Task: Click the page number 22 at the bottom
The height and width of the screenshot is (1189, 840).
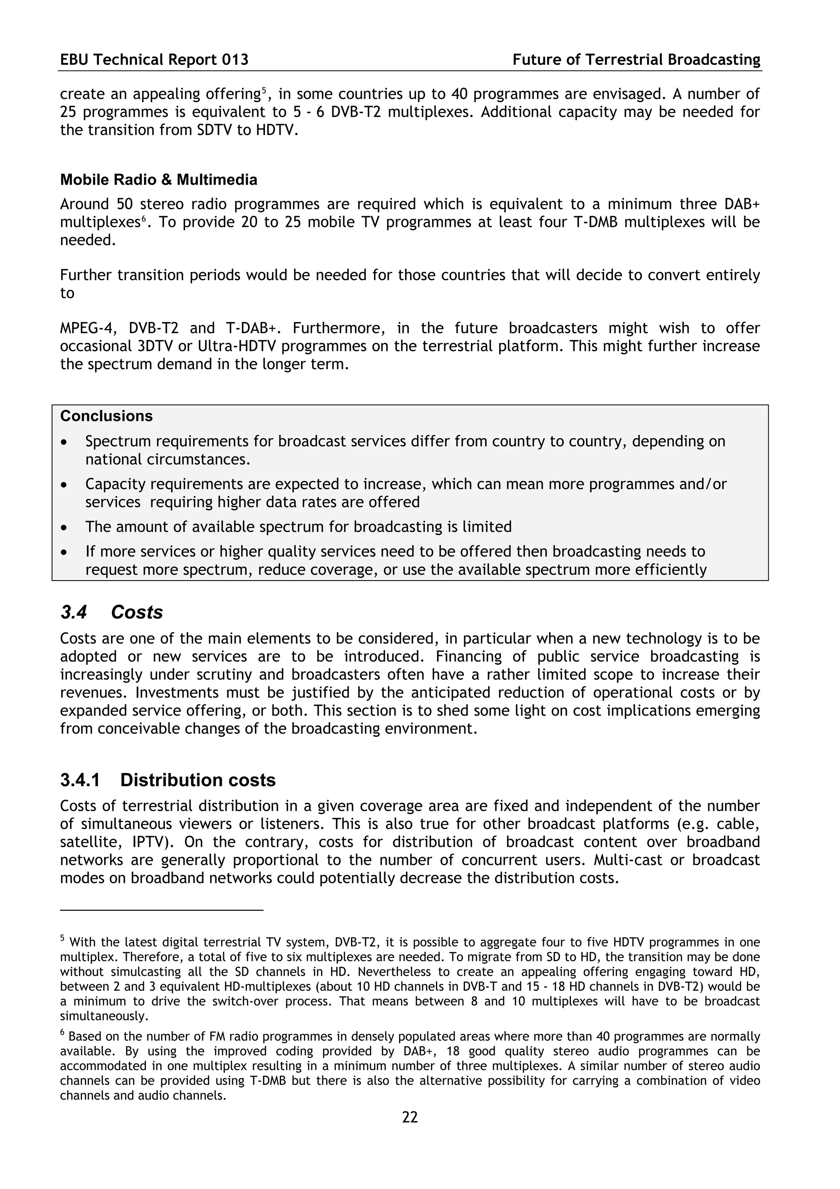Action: pos(409,1117)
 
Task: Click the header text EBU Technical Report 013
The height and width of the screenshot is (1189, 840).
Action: pos(154,60)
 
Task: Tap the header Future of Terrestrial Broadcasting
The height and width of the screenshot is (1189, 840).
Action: pos(636,60)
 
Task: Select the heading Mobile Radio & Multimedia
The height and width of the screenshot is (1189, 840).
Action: pos(158,180)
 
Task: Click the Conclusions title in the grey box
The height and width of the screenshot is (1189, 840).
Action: pos(106,416)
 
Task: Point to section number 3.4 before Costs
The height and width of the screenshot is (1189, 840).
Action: pos(73,612)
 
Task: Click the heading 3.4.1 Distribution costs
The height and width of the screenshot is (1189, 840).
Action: pos(168,780)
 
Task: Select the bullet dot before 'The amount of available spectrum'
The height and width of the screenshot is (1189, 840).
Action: pos(64,528)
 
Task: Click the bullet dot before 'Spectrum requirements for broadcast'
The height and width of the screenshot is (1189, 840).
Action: pos(64,442)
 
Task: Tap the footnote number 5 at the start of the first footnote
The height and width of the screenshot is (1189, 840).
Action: pos(62,938)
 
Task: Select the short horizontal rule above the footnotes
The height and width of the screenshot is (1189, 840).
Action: pos(162,910)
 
